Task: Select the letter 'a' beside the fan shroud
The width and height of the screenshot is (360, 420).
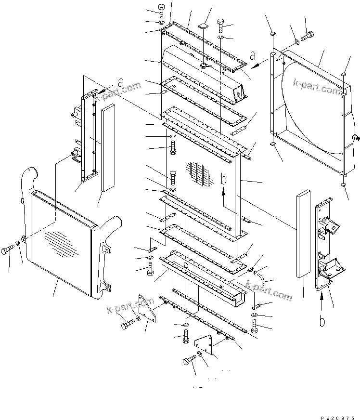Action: point(253,56)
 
